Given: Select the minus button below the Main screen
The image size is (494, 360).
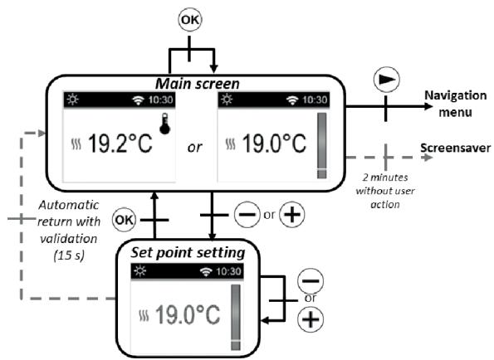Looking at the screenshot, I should [x=247, y=215].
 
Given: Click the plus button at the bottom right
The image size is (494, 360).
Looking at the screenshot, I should [x=311, y=319].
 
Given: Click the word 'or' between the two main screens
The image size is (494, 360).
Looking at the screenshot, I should [x=195, y=148].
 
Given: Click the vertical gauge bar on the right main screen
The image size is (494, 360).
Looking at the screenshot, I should [x=322, y=145].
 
